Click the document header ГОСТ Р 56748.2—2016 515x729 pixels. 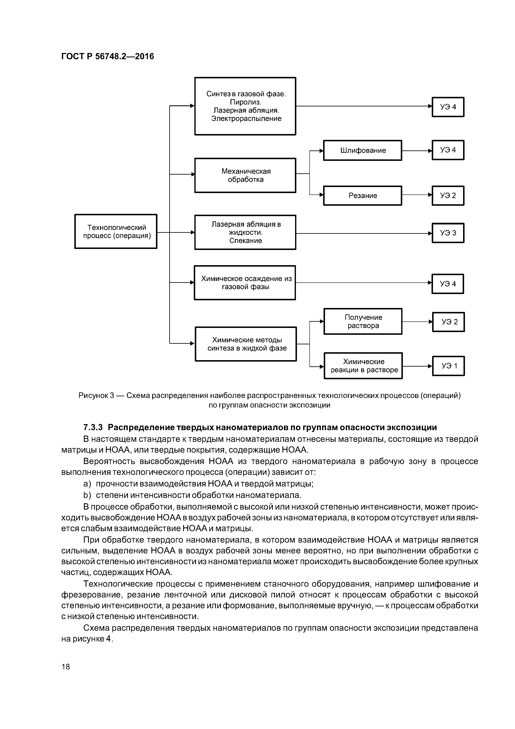108,57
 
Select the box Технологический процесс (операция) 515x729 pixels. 116,232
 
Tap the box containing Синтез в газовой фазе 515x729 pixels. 245,106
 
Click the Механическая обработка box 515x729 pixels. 245,175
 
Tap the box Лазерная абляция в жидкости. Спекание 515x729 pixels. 245,232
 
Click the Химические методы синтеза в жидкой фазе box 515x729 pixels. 246,344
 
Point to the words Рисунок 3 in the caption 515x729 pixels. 96,396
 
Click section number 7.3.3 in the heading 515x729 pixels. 93,427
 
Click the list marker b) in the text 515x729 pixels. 87,495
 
